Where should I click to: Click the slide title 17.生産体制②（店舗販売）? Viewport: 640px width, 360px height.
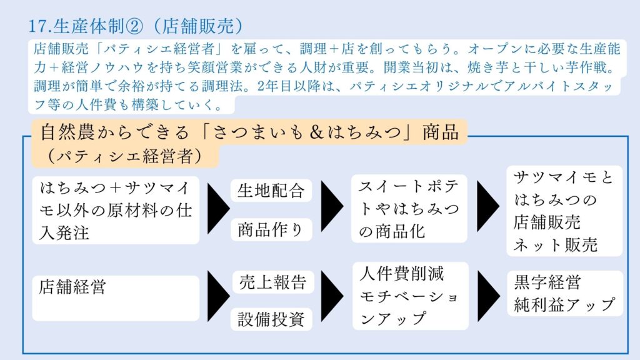coord(136,26)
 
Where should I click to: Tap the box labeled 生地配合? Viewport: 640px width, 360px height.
coord(271,191)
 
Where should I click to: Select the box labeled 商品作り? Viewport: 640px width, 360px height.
coord(271,229)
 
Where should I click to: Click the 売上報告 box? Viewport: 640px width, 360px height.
coord(272,282)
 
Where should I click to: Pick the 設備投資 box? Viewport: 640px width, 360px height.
coord(271,319)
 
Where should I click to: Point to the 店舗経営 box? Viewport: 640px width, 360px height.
coord(116,298)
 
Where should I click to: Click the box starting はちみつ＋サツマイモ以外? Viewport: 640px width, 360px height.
coord(116,210)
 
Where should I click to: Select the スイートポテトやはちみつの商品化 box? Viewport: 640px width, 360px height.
coord(409,209)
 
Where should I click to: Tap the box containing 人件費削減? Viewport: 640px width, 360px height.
coord(410,296)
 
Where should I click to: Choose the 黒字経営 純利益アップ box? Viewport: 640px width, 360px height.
coord(565,294)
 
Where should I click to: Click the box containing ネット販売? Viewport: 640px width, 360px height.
coord(564,211)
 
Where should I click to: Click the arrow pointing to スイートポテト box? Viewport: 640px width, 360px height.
coord(332,206)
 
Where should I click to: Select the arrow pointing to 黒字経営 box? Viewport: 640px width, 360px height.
coord(489,295)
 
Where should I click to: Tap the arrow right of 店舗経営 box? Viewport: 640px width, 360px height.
coord(219,296)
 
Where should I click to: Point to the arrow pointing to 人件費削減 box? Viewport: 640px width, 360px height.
coord(332,295)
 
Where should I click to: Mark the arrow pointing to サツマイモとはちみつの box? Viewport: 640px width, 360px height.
coord(488,206)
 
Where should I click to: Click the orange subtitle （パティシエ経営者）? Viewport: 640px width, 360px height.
coord(125,156)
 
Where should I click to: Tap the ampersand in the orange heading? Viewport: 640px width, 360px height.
coord(316,132)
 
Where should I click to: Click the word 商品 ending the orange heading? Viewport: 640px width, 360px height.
coord(441,132)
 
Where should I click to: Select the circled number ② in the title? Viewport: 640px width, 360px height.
coord(135,26)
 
